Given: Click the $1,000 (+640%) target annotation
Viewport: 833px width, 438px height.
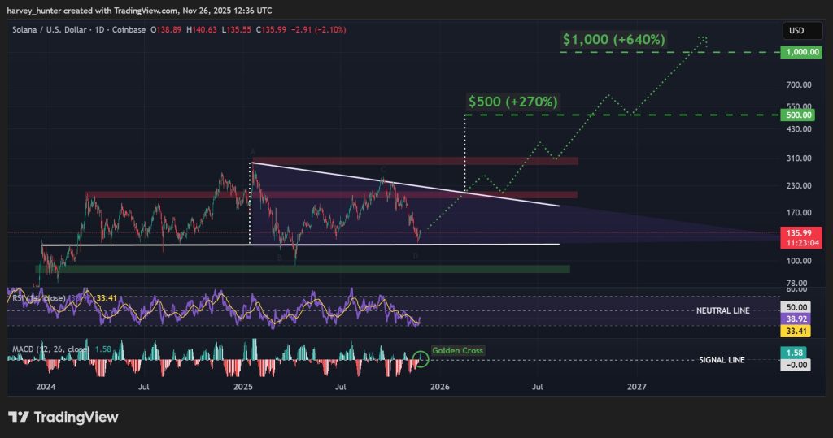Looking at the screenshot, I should point(613,39).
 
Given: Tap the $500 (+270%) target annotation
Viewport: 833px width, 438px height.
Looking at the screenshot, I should point(512,102).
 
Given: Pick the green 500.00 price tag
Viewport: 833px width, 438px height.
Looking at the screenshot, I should point(794,115).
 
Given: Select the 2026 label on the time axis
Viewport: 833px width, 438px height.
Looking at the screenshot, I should point(438,387).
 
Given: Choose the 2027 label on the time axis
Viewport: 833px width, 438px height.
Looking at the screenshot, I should point(637,387).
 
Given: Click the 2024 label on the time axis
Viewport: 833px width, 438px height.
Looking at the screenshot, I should point(46,387).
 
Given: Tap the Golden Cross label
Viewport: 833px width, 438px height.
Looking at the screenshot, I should point(457,351).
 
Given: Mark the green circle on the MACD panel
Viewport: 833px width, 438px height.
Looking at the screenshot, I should point(421,357).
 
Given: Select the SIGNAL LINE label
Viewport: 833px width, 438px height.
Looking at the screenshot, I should point(723,360).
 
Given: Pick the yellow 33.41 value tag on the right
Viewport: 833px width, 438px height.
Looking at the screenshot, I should point(794,332).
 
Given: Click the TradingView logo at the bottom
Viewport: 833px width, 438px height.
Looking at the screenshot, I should point(63,417).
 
